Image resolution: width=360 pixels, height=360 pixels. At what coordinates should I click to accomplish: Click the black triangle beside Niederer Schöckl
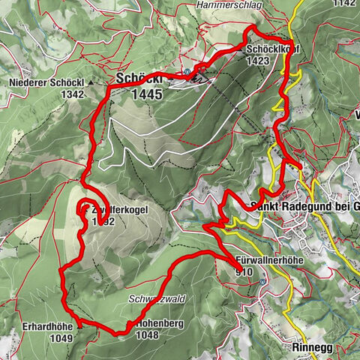(89, 82)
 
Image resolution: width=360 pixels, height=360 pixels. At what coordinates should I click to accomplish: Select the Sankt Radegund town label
(304, 206)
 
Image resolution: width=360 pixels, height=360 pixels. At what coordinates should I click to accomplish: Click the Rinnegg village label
(310, 348)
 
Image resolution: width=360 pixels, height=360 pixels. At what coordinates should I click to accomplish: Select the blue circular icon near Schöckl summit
(187, 73)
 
